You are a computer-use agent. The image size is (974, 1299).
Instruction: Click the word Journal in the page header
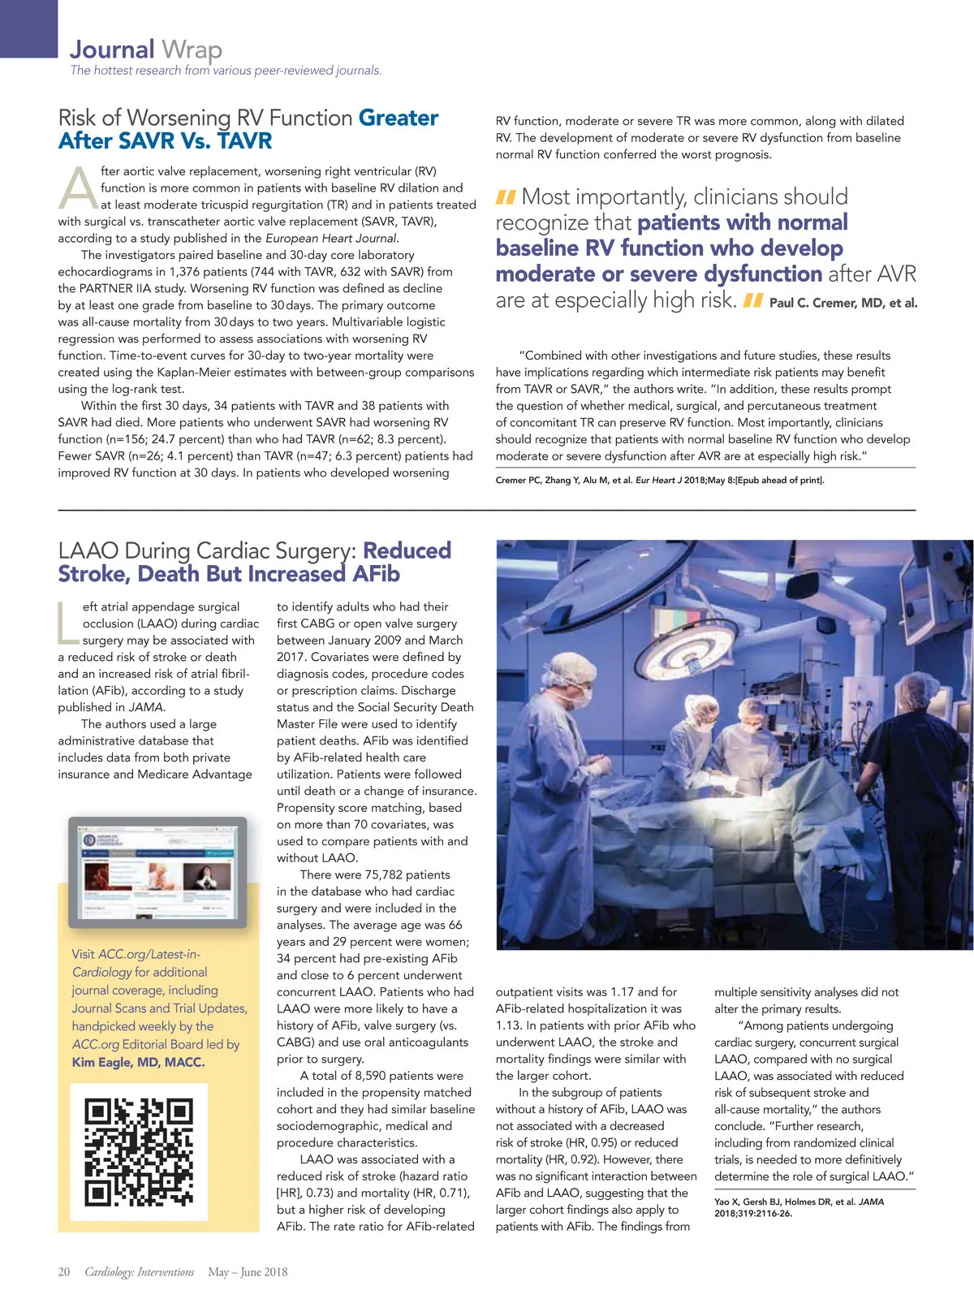click(111, 50)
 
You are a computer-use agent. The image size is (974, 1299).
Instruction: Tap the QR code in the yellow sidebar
click(139, 1151)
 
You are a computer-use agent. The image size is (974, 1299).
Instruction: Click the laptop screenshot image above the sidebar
click(157, 873)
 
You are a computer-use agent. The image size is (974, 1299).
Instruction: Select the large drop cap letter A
click(79, 189)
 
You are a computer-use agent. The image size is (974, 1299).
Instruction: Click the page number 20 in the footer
click(64, 1272)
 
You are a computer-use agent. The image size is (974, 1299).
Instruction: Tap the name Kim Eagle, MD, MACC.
click(138, 1062)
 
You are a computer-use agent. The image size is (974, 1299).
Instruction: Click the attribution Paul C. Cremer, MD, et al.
click(843, 303)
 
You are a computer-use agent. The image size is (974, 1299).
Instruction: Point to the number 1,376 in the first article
click(191, 271)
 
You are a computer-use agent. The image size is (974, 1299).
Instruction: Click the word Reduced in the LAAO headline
click(407, 550)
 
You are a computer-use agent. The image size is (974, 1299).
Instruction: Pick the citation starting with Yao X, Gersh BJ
click(799, 1207)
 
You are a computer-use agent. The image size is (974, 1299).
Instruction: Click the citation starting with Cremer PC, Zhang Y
click(659, 480)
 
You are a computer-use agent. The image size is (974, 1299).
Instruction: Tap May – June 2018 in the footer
click(248, 1272)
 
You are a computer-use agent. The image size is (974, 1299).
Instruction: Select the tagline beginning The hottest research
click(226, 71)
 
